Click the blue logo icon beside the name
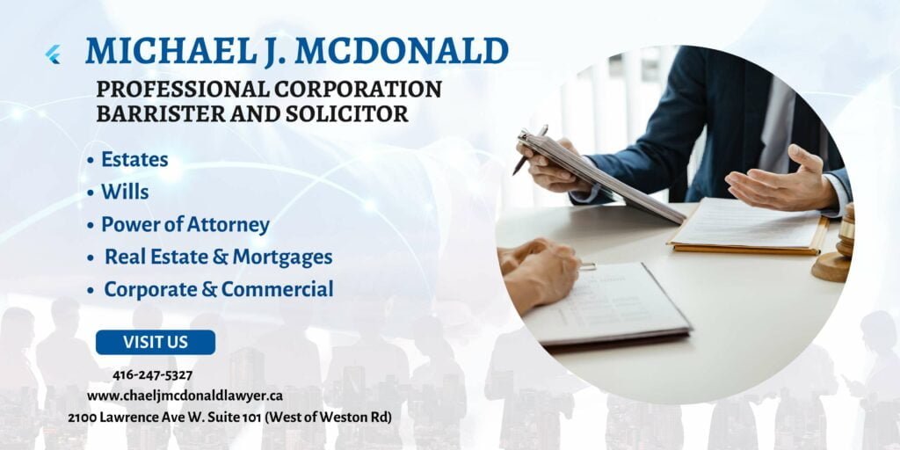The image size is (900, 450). point(53,54)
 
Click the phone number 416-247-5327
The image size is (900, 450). point(153,375)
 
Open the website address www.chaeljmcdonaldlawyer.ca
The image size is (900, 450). point(185,396)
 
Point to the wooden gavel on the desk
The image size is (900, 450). point(834,246)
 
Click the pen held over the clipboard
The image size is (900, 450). point(530,150)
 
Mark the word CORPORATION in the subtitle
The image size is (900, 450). point(358,89)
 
